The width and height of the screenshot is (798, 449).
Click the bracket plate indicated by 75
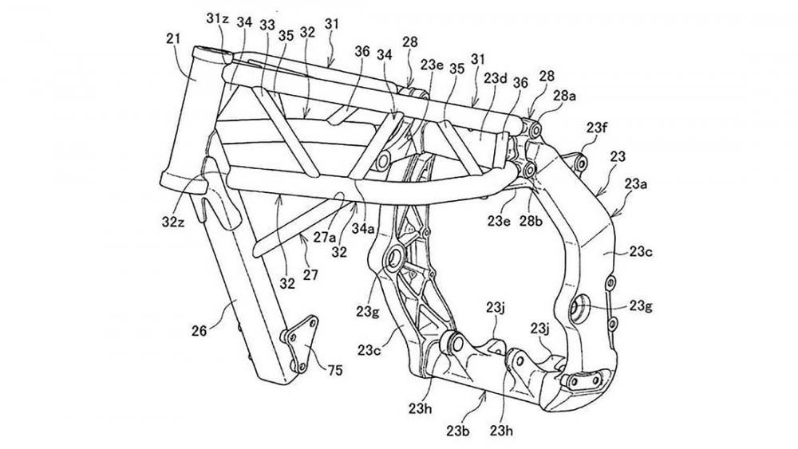pyautogui.click(x=302, y=344)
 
